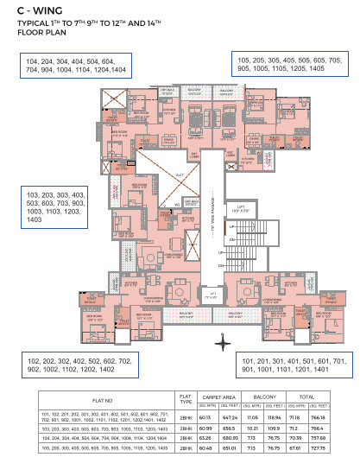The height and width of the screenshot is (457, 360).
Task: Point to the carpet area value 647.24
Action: click(x=230, y=416)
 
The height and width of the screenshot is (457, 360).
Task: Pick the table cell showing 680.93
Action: click(x=230, y=438)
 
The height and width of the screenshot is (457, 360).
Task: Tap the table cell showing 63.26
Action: click(x=205, y=438)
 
